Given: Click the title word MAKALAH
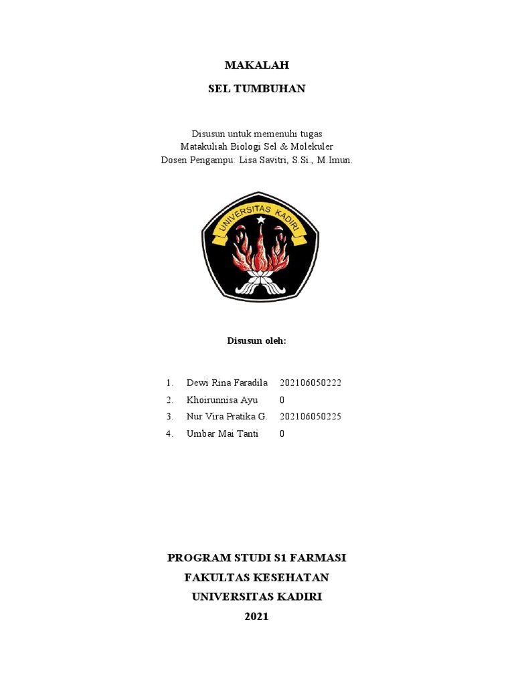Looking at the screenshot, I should click(x=256, y=65).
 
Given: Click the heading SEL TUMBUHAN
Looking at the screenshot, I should click(x=256, y=88).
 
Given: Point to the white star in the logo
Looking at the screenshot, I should click(x=260, y=219).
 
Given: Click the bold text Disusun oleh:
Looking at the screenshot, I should click(x=256, y=340).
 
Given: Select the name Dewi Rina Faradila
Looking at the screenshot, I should click(x=227, y=383).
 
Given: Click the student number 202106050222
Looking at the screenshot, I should click(x=311, y=383).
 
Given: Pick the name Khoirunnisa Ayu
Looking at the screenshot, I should click(x=222, y=400).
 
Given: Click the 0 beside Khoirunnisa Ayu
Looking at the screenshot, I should click(x=282, y=400).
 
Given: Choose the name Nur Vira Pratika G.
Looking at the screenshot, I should click(x=227, y=417).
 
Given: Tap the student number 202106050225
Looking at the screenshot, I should click(x=311, y=417).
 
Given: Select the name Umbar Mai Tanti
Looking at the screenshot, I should click(x=222, y=433).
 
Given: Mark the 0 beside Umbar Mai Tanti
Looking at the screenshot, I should click(x=282, y=433).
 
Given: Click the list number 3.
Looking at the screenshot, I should click(x=169, y=417).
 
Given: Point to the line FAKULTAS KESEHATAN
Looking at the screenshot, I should click(x=256, y=577).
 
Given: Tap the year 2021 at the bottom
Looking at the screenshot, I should click(x=256, y=616).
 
